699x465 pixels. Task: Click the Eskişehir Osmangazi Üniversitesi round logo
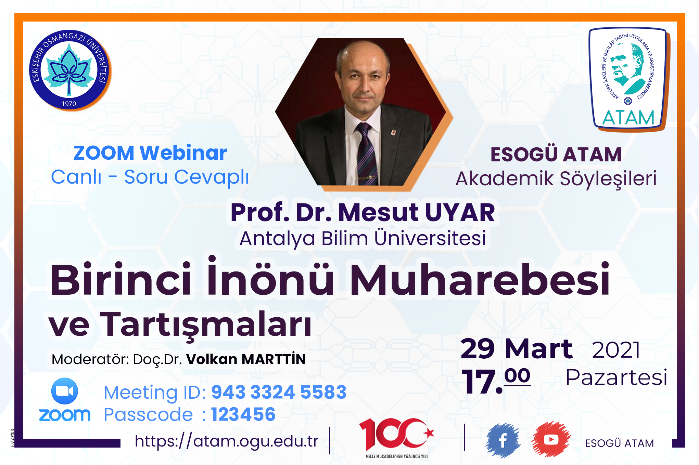(x=69, y=70)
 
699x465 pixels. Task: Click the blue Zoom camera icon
(x=64, y=391)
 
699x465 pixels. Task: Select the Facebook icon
(x=503, y=440)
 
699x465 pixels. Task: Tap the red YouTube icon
(x=551, y=440)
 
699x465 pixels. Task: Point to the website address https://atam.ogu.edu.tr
(x=226, y=441)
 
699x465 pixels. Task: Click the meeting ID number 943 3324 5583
(x=279, y=392)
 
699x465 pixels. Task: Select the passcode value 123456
(x=243, y=414)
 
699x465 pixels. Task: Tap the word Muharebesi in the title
(x=480, y=279)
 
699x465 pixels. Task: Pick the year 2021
(x=616, y=350)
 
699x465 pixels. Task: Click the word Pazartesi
(x=617, y=378)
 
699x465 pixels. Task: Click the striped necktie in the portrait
(x=367, y=154)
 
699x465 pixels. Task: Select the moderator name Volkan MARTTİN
(x=246, y=359)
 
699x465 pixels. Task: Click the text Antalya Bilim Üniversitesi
(x=363, y=238)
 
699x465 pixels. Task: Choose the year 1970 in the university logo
(x=69, y=104)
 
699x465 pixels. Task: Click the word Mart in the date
(x=538, y=349)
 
